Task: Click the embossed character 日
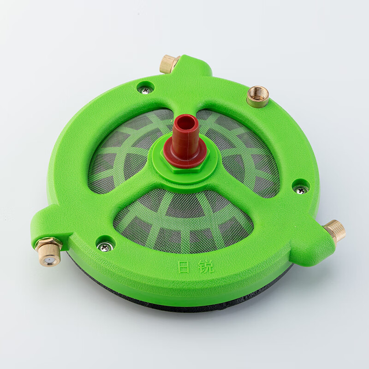pos(183,268)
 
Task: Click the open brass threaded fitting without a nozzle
pos(258,96)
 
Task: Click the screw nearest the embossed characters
pos(104,246)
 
